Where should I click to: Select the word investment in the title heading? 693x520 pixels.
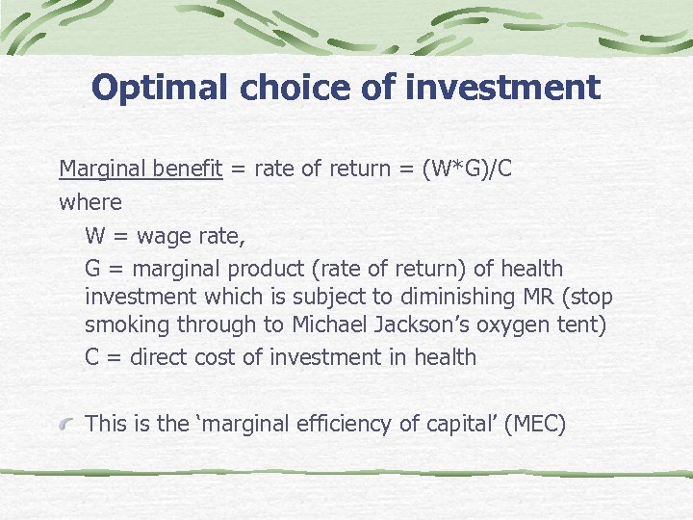point(502,88)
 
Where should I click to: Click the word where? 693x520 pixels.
point(90,202)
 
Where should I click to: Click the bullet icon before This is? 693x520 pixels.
point(66,425)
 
